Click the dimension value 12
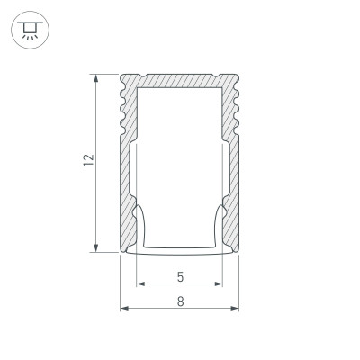click(x=85, y=161)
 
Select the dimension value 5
click(x=180, y=276)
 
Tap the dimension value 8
click(x=181, y=301)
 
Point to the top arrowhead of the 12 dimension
click(x=95, y=77)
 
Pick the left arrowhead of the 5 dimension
click(x=140, y=287)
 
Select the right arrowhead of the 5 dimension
click(x=220, y=287)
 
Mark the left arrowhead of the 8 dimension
click(x=124, y=310)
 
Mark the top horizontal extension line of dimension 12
click(x=104, y=72)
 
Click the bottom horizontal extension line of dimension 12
click(x=104, y=253)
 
